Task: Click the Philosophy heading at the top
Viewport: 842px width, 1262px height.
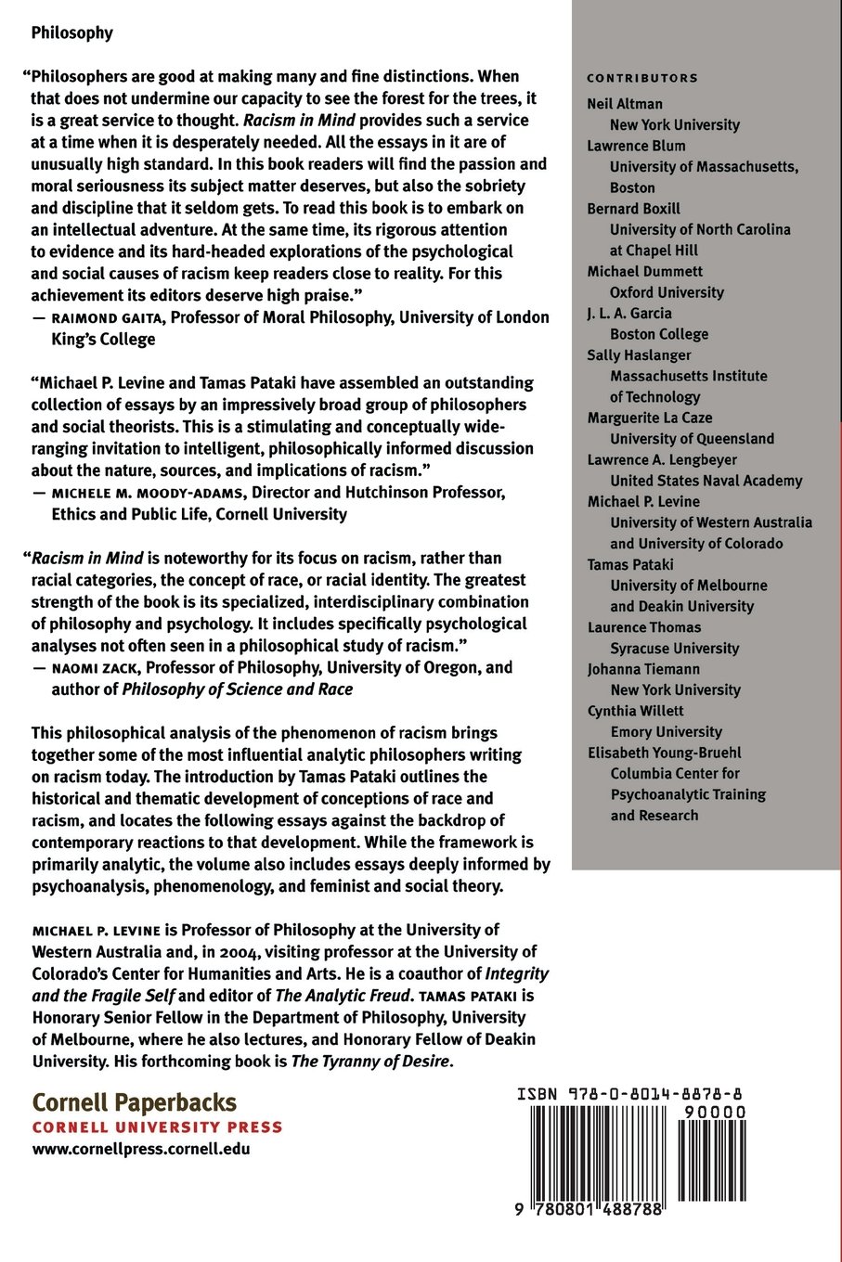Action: point(71,33)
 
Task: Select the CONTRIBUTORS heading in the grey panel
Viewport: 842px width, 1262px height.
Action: point(641,79)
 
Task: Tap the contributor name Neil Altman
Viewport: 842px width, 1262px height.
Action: point(624,104)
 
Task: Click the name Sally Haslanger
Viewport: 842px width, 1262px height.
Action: point(639,355)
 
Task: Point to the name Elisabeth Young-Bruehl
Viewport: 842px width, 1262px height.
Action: point(664,753)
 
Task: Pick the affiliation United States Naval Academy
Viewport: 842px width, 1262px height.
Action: point(706,481)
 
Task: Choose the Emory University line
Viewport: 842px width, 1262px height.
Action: point(666,732)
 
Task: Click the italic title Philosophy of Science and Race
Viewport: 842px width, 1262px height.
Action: point(237,689)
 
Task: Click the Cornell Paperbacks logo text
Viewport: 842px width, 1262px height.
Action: point(135,1103)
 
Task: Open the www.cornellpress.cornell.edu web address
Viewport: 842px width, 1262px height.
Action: point(140,1149)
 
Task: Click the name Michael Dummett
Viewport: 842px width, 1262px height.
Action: point(644,272)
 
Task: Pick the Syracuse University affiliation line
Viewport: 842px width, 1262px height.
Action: point(674,649)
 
